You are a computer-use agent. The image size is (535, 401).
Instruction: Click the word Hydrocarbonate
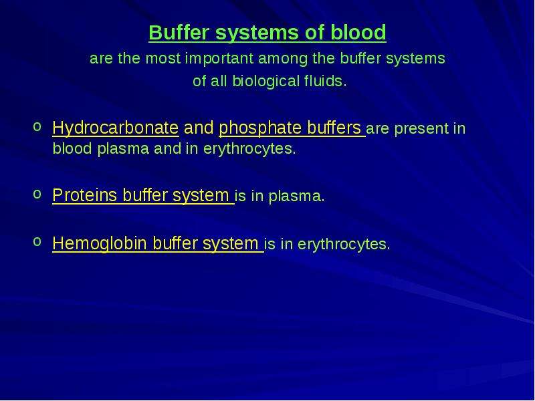(115, 128)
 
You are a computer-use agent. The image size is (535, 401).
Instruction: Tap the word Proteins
(85, 195)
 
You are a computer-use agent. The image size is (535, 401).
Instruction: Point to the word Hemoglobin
(100, 243)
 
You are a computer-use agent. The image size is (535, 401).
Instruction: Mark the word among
(283, 59)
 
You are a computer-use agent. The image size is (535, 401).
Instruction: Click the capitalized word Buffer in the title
(179, 32)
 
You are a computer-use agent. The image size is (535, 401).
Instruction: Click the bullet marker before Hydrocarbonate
(37, 126)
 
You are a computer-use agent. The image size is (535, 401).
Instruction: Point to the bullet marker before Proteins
(37, 194)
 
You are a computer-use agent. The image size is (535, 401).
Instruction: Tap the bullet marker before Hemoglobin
(37, 241)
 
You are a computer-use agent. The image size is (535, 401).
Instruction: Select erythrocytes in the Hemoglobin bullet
(344, 244)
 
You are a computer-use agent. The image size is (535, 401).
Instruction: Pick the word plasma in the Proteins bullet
(296, 196)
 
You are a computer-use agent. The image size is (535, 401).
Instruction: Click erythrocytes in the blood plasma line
(249, 149)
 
